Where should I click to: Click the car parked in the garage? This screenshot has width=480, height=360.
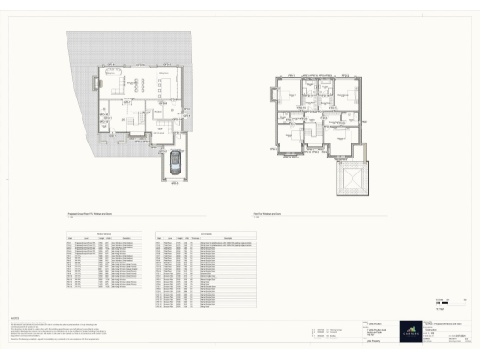pos(174,162)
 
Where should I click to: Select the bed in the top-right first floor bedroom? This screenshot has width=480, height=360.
pos(348,91)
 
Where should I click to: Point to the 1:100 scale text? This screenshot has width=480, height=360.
pos(441,308)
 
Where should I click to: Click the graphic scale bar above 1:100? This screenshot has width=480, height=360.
pos(443,302)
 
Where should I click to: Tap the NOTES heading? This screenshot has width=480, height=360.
pos(14,317)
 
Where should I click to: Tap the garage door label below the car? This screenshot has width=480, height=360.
pos(174,182)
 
